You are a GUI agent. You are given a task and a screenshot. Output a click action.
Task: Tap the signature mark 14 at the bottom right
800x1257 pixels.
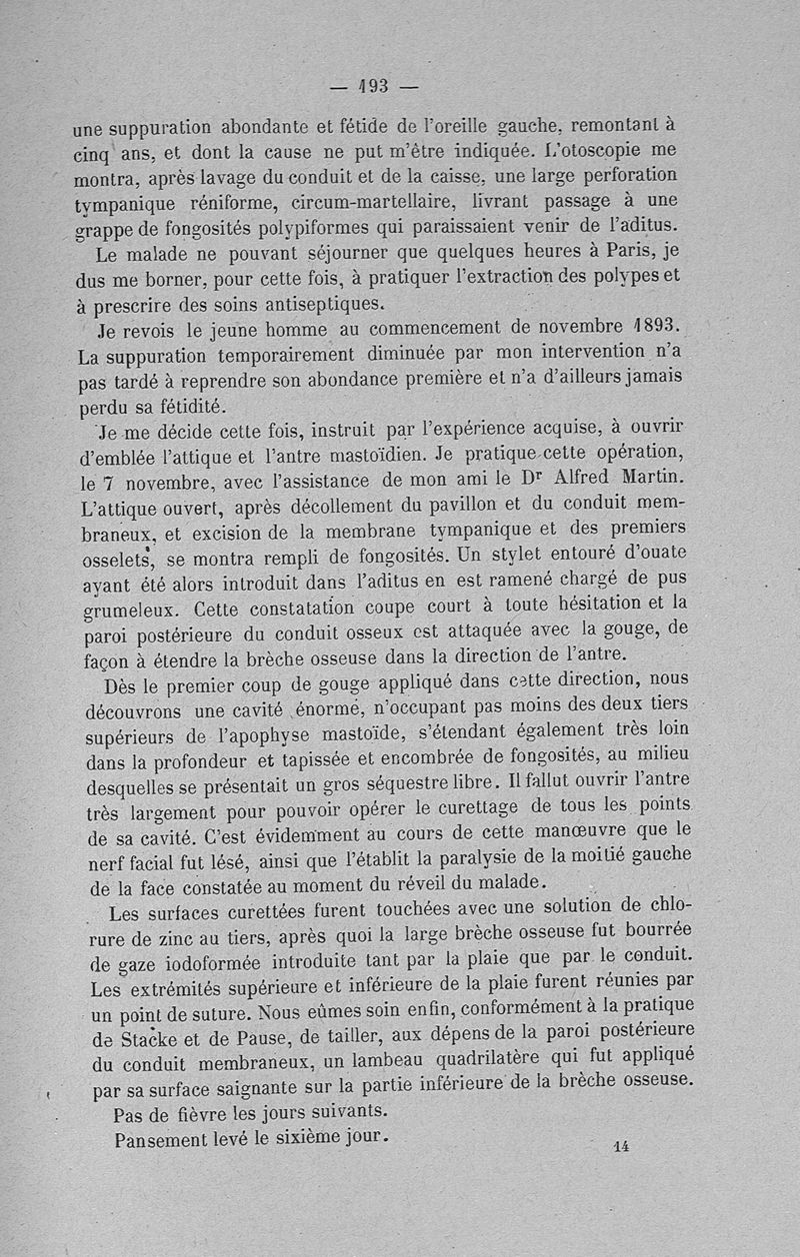pyautogui.click(x=621, y=1147)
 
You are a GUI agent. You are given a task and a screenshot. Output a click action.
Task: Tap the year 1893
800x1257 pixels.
pyautogui.click(x=643, y=328)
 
